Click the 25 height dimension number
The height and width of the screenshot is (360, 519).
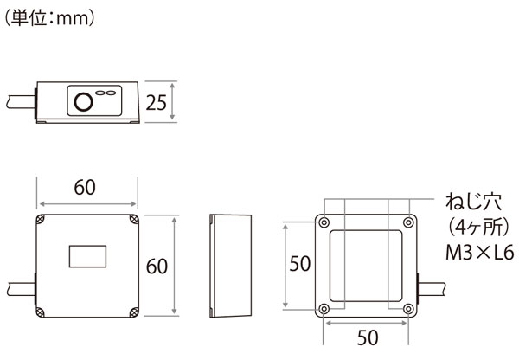tap(157, 103)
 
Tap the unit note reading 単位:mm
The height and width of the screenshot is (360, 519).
tap(50, 18)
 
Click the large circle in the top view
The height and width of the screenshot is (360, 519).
tap(83, 101)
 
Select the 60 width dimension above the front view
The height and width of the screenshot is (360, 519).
tap(85, 188)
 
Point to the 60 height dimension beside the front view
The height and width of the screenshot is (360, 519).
tap(157, 267)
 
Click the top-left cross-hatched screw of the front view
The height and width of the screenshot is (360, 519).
tap(41, 219)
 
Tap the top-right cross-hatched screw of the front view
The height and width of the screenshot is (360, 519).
tap(134, 219)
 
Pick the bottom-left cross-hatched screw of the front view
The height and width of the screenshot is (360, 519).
tap(40, 312)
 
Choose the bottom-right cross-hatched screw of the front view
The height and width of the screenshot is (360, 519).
tap(134, 312)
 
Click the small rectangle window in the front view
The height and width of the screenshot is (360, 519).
tap(87, 256)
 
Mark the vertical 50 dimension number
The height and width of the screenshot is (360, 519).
tap(300, 264)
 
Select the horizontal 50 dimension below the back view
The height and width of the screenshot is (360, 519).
tap(368, 337)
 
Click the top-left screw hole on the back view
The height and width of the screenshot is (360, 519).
tap(324, 222)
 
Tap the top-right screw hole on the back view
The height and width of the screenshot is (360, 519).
tap(409, 222)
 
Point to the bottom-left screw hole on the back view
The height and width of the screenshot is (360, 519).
tap(324, 309)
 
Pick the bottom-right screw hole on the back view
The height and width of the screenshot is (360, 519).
tap(409, 309)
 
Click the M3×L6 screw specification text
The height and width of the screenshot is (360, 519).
tap(479, 253)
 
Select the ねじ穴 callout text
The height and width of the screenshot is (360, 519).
tap(474, 202)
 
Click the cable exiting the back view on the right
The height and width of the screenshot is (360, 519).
tap(432, 289)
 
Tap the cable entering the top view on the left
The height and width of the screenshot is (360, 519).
tap(21, 101)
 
